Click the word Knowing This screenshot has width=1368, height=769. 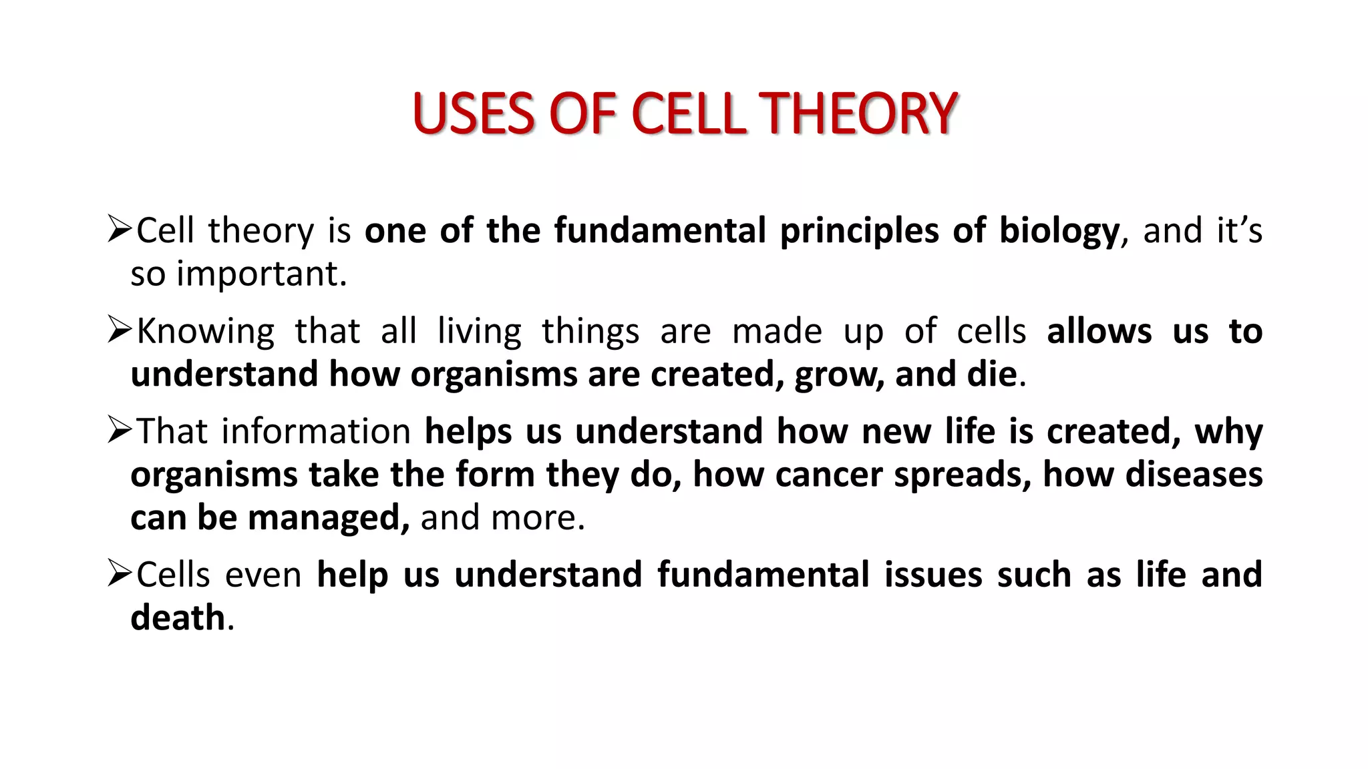[206, 332]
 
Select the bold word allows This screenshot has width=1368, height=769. [1099, 331]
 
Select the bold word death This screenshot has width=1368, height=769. [178, 617]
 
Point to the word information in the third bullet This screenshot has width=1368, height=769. [316, 431]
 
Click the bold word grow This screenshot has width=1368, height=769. [839, 375]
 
